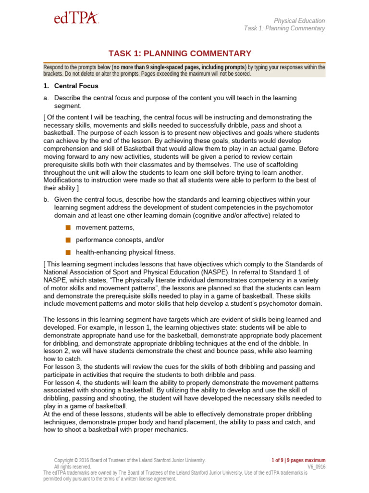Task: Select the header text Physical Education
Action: click(x=299, y=21)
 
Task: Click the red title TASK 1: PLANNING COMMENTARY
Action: click(x=184, y=53)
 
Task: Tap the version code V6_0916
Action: click(x=316, y=467)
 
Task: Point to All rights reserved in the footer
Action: click(x=73, y=467)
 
